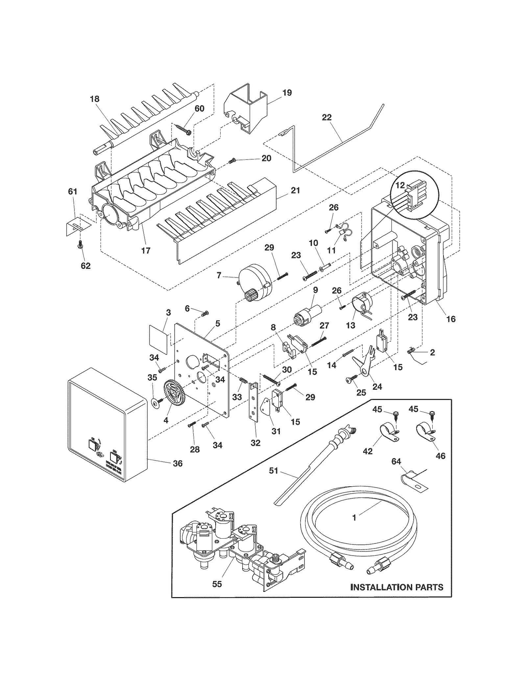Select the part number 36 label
tap(177, 464)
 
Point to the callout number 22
tap(326, 117)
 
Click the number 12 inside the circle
tap(400, 185)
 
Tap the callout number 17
tap(146, 250)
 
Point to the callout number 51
tap(274, 471)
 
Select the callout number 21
tap(295, 190)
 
